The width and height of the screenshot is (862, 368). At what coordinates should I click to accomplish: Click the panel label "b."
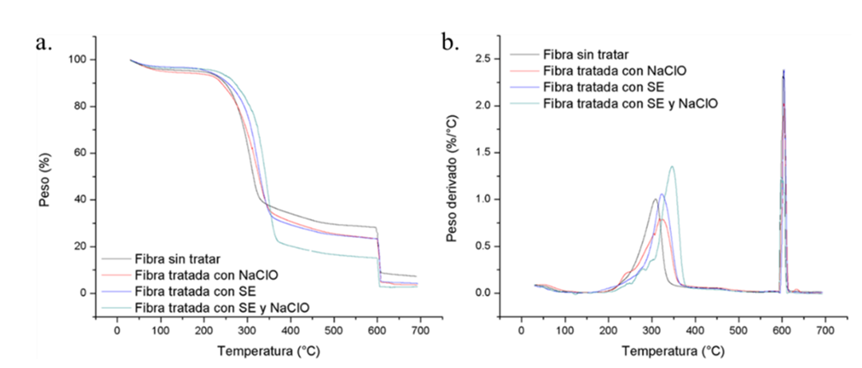click(450, 42)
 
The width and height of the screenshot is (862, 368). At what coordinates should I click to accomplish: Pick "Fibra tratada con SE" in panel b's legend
click(610, 88)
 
